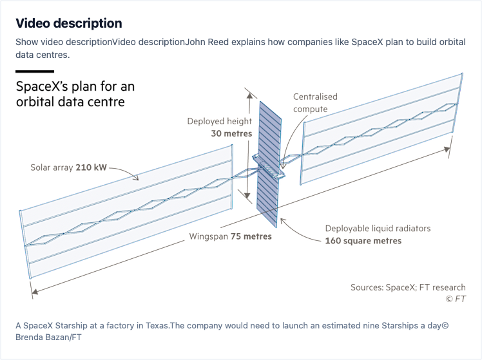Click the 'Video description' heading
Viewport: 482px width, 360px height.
tap(69, 23)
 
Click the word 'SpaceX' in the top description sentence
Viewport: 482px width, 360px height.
tap(367, 42)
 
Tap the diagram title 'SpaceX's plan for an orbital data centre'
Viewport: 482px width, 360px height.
tap(75, 94)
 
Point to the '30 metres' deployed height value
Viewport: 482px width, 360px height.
tap(231, 133)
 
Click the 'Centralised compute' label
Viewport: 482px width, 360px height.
tap(315, 103)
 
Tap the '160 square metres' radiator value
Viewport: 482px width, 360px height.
tap(363, 241)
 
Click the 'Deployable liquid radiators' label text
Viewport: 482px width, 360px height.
tap(378, 229)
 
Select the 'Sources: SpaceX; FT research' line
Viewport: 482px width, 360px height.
tap(408, 287)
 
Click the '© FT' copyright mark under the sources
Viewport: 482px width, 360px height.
tap(456, 299)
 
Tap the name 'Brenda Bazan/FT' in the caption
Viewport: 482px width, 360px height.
tap(48, 337)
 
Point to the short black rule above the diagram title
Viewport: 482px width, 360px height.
tap(35, 71)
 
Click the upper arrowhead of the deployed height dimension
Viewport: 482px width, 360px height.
tap(250, 95)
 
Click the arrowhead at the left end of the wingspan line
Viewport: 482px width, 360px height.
tap(35, 291)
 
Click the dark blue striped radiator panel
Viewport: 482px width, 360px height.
tap(269, 164)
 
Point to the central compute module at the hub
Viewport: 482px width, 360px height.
tap(269, 167)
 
